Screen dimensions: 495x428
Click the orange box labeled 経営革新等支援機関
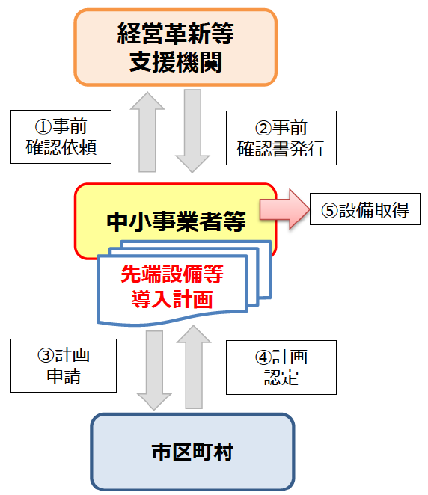tap(176, 46)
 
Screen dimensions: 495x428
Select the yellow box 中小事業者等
tap(176, 221)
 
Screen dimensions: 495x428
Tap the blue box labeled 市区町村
tap(192, 452)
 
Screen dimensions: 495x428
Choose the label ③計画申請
tap(64, 365)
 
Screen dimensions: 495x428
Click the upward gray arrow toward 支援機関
tap(147, 131)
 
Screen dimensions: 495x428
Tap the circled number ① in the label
tap(43, 126)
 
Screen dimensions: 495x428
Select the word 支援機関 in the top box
tap(176, 61)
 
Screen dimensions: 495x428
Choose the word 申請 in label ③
tap(64, 376)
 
